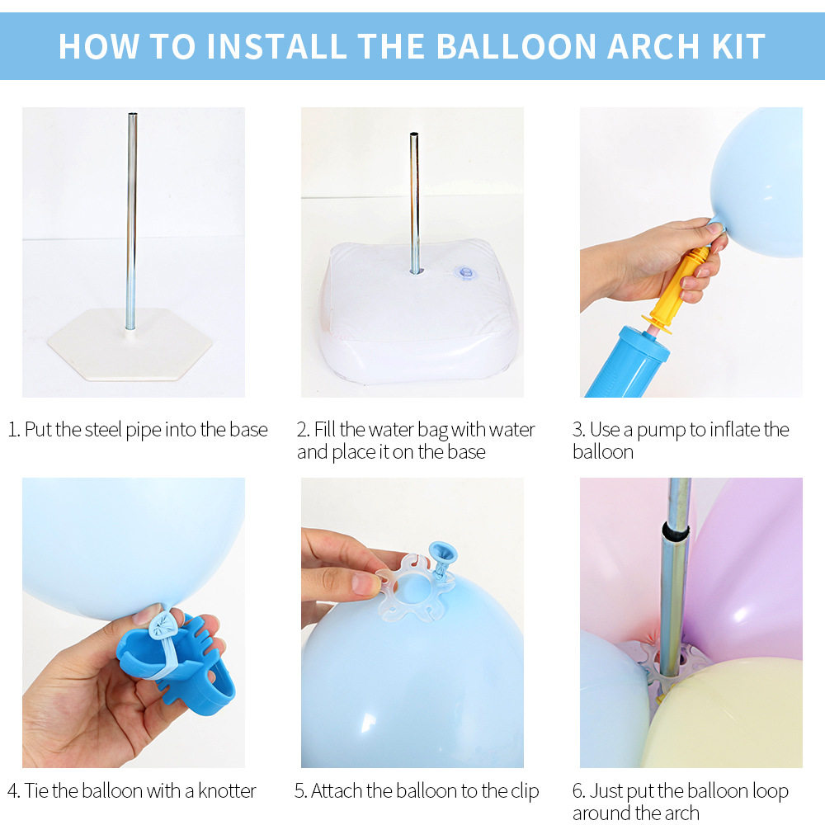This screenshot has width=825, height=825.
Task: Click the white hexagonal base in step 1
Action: tap(130, 344)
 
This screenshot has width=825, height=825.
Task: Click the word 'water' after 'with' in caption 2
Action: tap(511, 430)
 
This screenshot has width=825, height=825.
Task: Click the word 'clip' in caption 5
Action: tap(525, 792)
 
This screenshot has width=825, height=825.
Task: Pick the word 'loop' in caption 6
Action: tap(770, 792)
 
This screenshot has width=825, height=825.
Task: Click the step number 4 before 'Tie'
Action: tap(12, 791)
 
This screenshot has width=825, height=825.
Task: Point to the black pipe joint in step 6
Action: tap(676, 531)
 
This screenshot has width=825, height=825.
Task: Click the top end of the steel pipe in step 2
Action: tap(414, 134)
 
